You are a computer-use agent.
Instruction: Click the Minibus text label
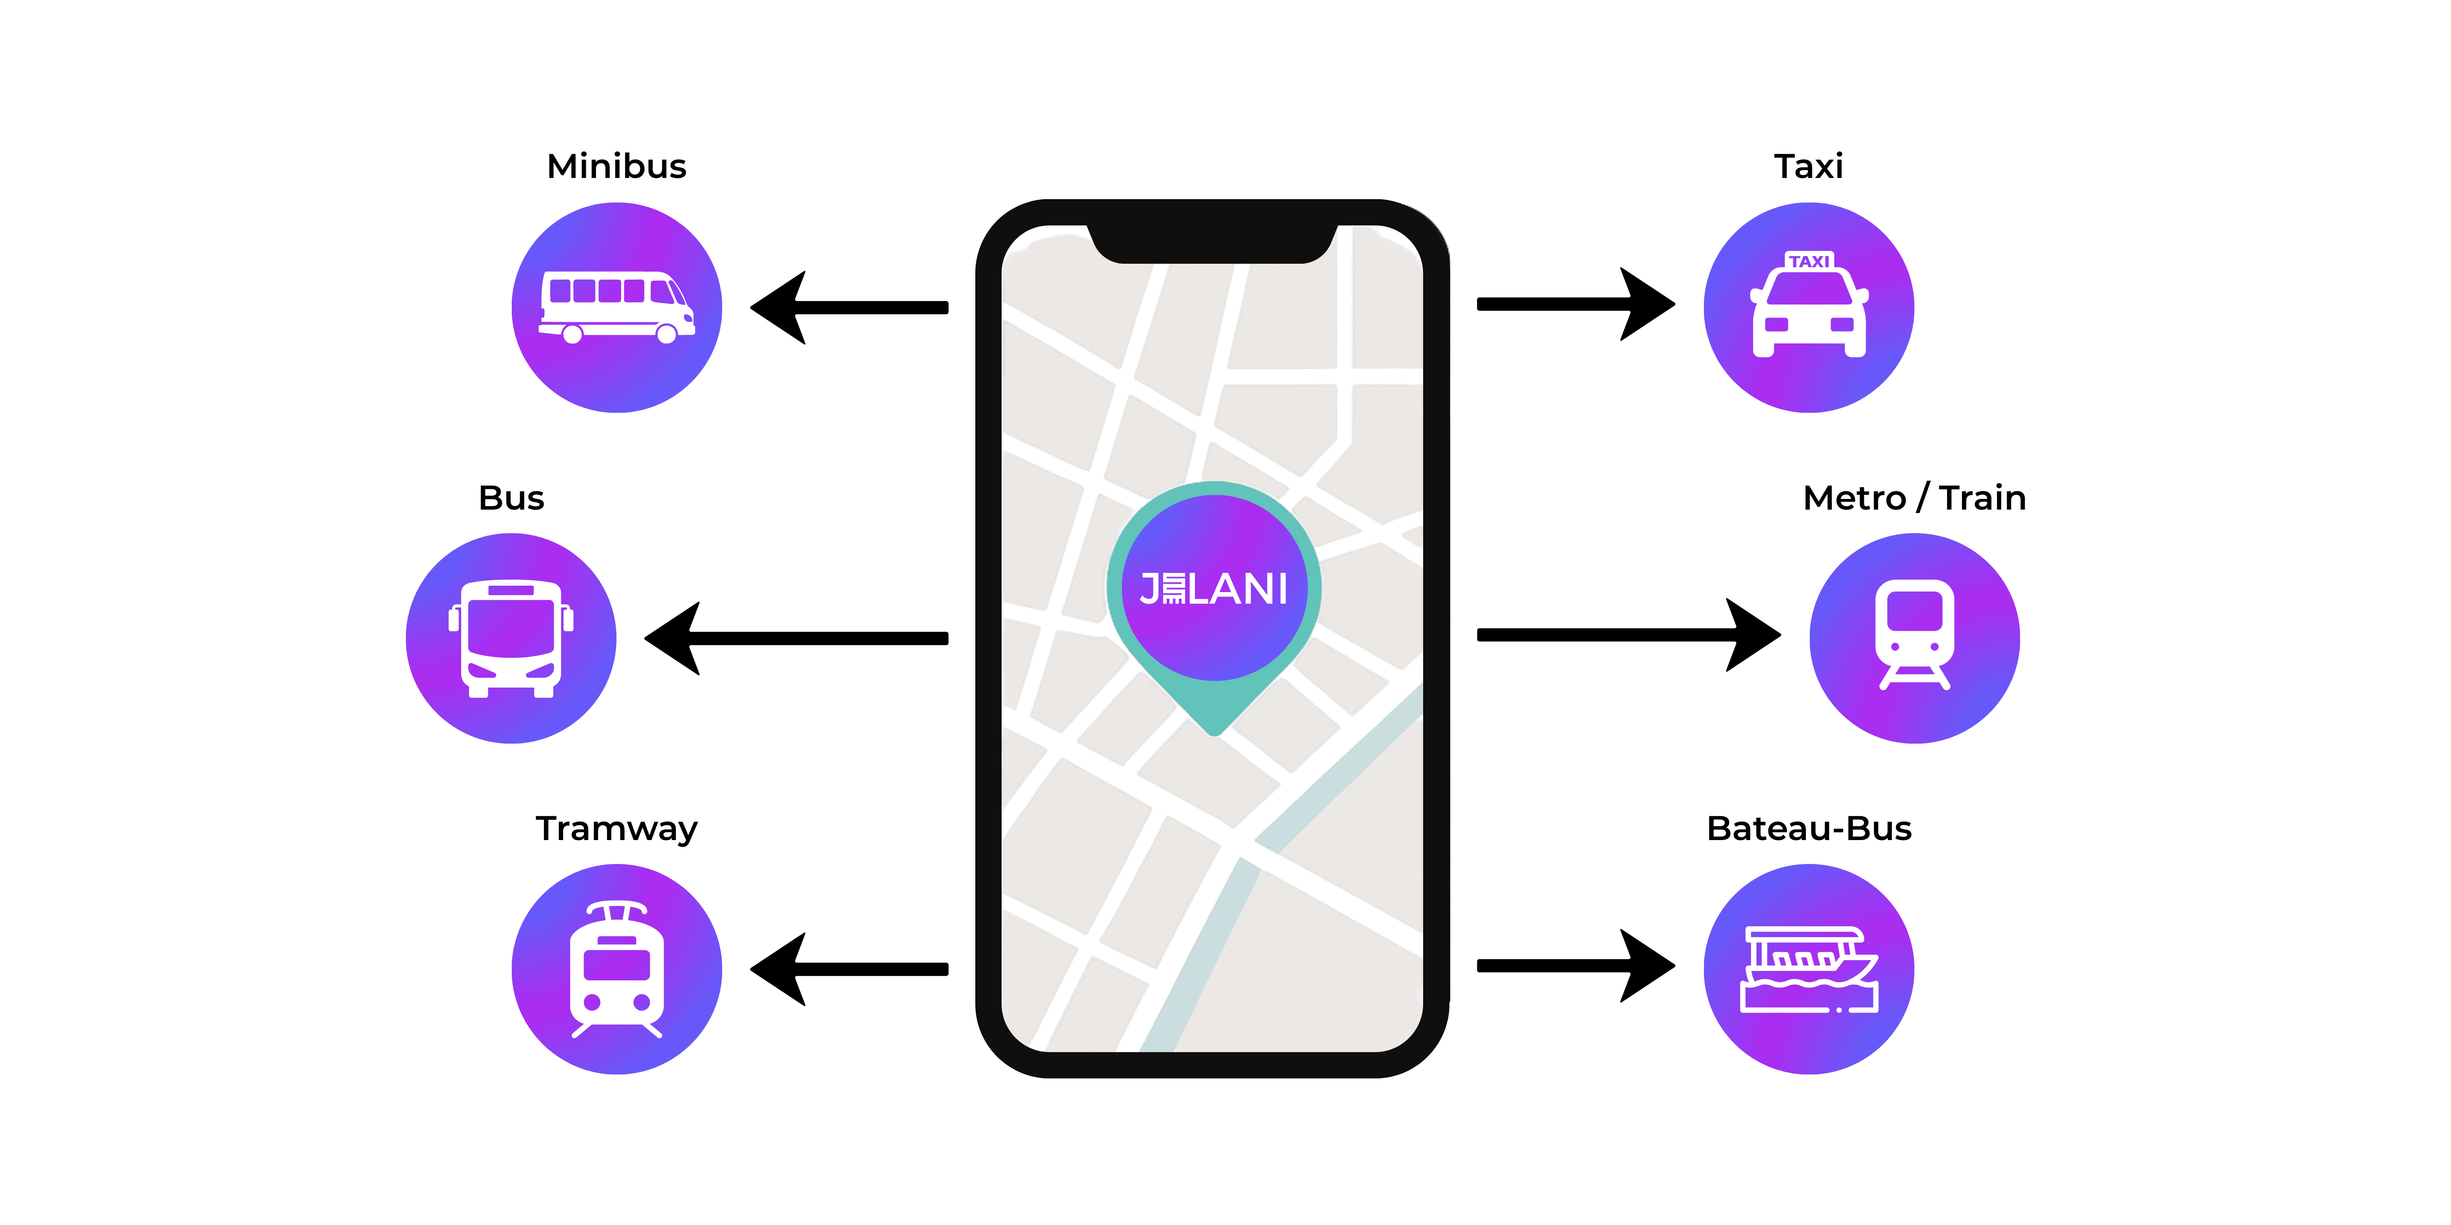pos(616,167)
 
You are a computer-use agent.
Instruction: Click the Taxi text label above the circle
pos(1808,167)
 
